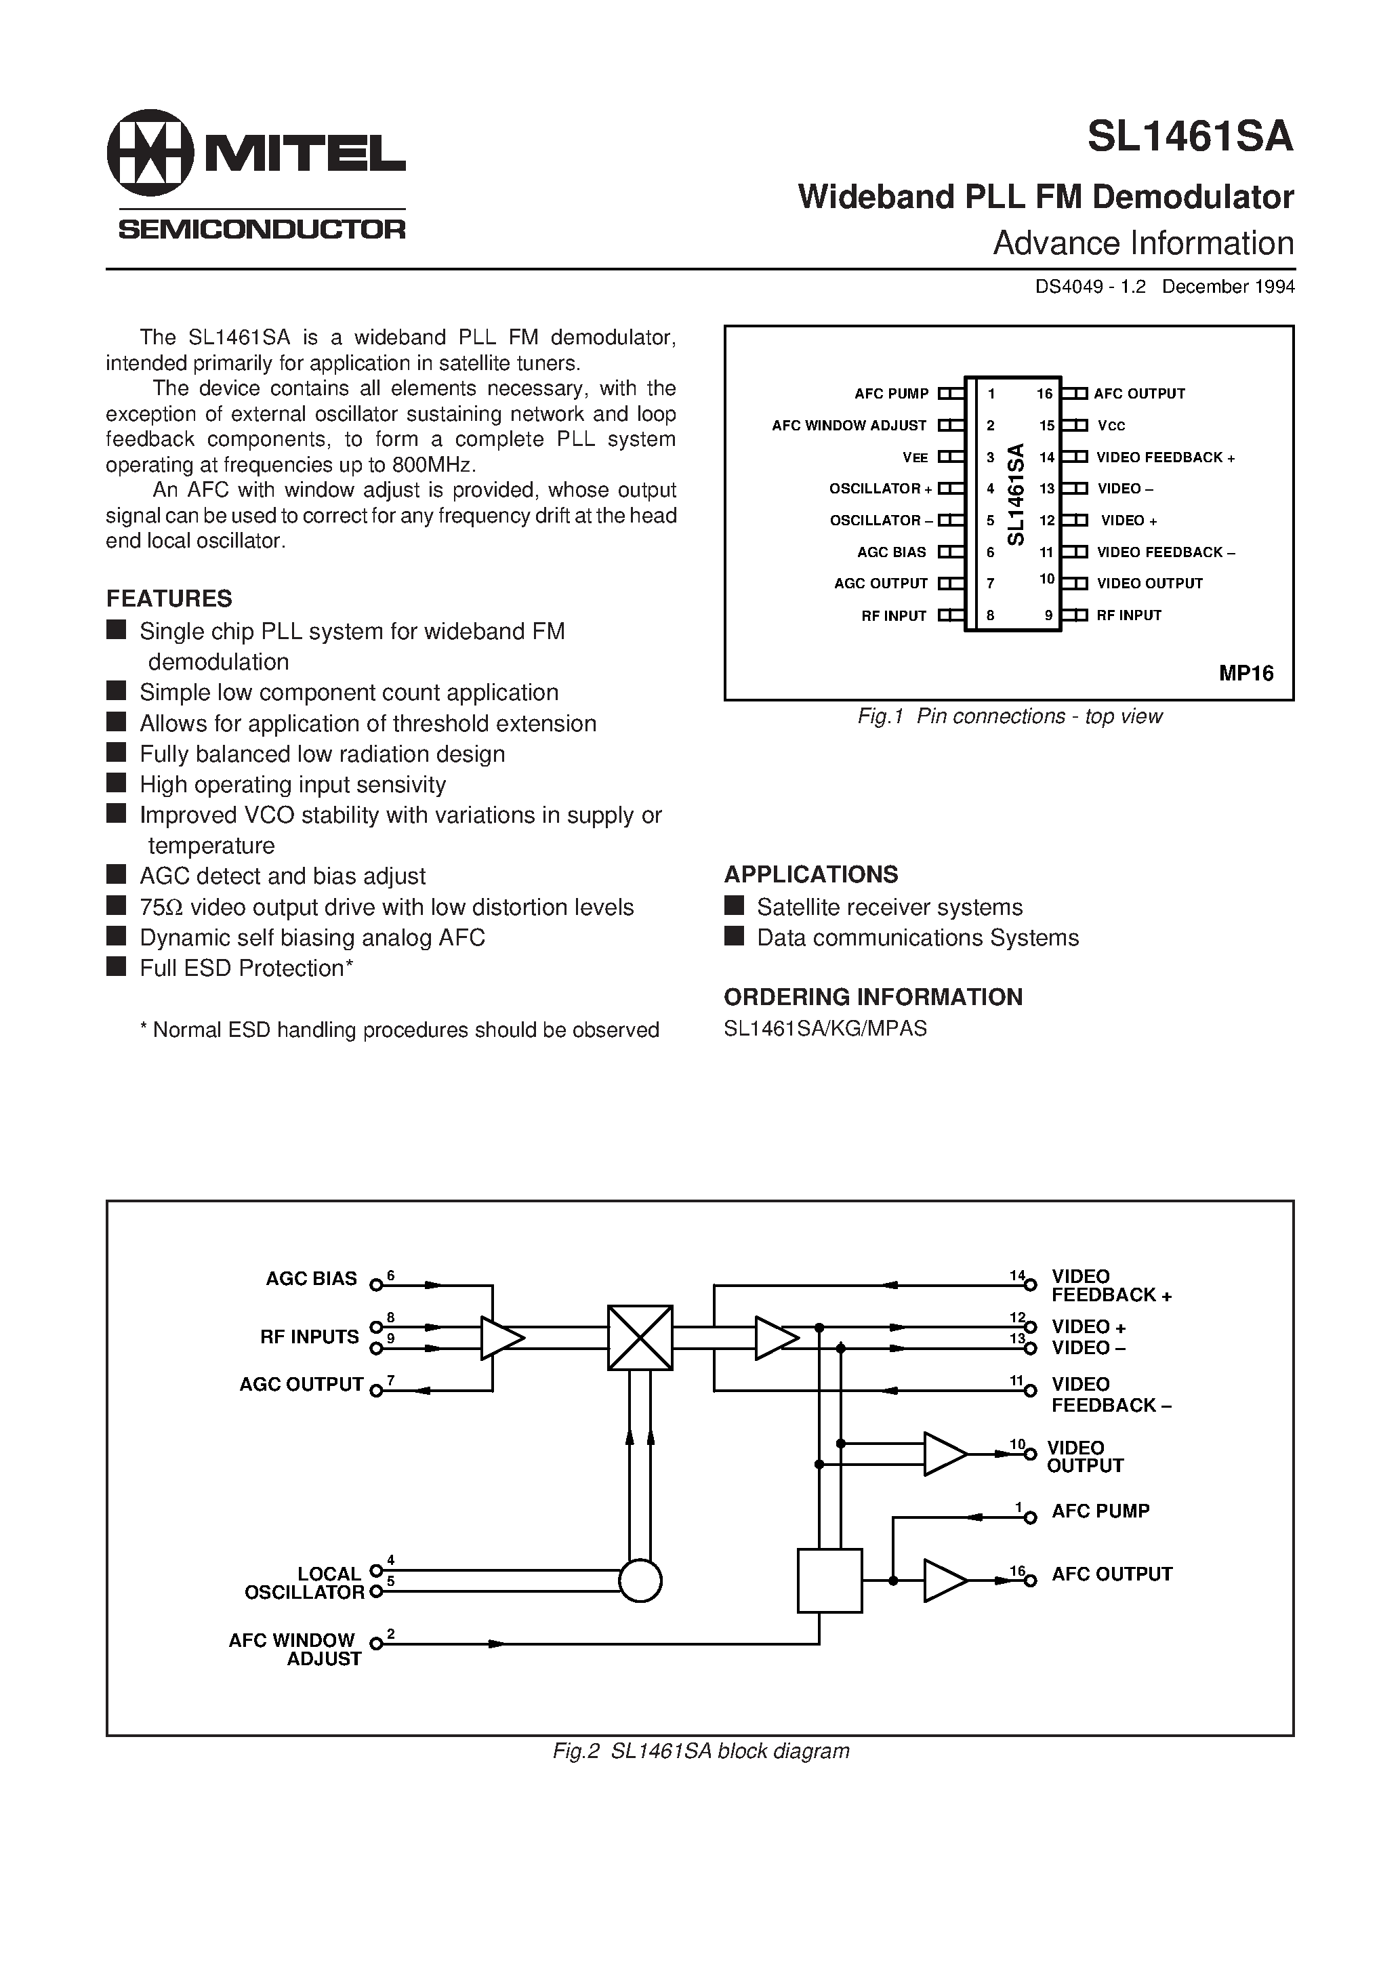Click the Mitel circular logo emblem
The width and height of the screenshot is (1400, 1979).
[149, 152]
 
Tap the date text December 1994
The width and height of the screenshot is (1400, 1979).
[1228, 287]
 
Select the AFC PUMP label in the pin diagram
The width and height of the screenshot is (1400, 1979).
[891, 394]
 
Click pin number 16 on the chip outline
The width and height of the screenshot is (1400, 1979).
[1044, 394]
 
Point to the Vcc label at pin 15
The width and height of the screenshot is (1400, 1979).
[1111, 426]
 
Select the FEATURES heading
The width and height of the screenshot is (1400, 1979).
[169, 598]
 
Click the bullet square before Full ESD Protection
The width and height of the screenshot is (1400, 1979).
[117, 966]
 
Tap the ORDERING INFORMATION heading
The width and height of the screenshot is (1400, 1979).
[872, 997]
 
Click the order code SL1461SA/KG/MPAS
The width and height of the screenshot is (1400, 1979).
[825, 1028]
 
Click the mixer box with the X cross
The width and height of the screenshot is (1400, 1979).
[640, 1338]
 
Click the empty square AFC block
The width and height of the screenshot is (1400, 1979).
[829, 1580]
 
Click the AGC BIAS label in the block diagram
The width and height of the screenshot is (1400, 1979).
[310, 1279]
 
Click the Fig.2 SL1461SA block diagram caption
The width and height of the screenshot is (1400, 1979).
[700, 1751]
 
